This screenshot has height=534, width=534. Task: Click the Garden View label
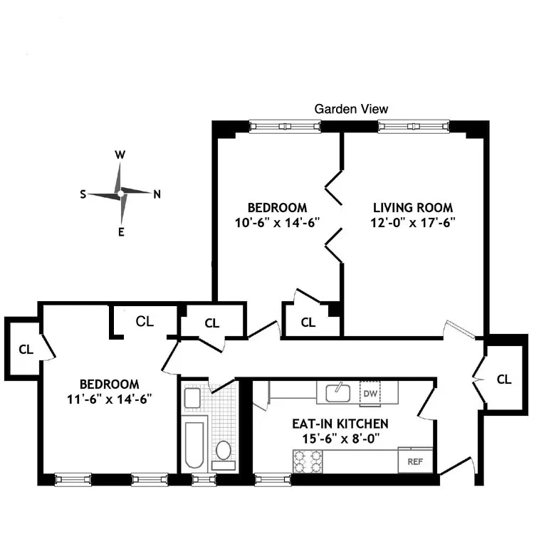(351, 109)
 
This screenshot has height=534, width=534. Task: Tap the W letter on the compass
(120, 155)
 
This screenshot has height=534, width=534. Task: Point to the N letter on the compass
(157, 193)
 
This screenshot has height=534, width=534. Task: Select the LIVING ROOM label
(413, 208)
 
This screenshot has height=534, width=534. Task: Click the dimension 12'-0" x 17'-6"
(414, 221)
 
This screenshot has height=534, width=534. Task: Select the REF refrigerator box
(415, 461)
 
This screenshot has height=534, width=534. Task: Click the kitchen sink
(337, 392)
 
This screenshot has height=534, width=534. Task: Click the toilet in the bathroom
(224, 451)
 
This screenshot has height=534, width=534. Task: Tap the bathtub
(194, 446)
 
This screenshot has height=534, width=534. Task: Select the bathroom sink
(192, 397)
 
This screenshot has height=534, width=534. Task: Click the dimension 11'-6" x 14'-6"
(109, 397)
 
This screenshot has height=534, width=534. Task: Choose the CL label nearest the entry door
(503, 379)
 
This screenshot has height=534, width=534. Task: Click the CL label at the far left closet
(26, 350)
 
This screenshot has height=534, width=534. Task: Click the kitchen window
(266, 479)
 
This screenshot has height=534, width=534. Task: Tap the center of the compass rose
(120, 193)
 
